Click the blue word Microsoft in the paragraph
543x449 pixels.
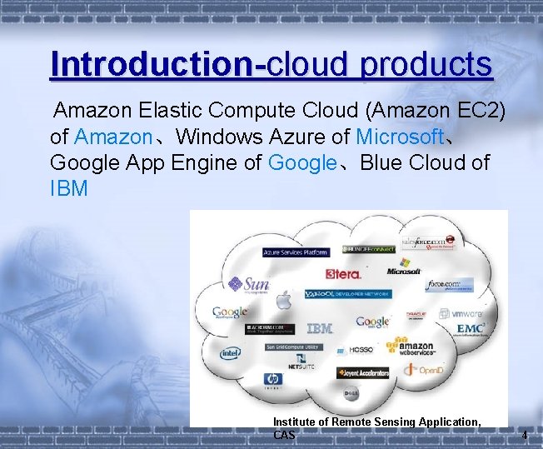401,136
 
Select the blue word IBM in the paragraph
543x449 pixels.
68,188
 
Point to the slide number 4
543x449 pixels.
524,436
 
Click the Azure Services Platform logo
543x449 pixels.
295,252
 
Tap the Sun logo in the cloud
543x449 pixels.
249,284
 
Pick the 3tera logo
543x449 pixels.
343,273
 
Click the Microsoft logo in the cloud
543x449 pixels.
404,271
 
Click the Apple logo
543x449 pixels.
284,301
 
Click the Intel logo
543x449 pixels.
229,352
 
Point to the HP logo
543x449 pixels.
272,379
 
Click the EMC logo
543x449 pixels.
470,328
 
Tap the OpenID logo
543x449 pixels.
428,370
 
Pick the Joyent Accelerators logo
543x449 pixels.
363,373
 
